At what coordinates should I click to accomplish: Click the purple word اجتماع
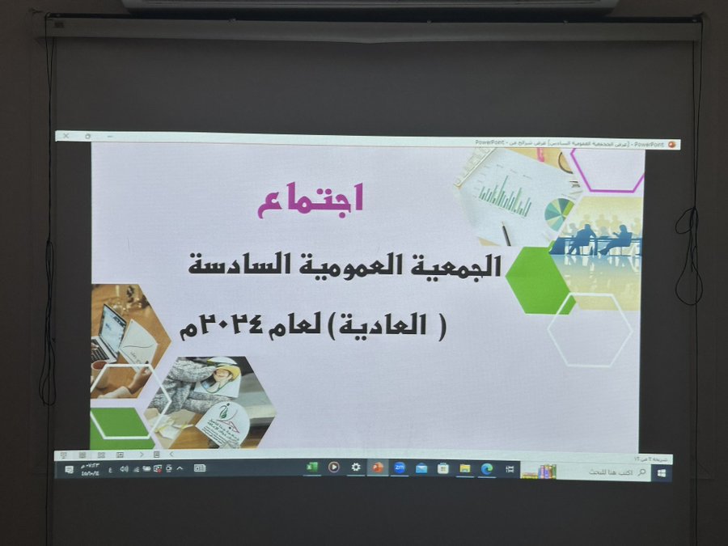[x=311, y=199]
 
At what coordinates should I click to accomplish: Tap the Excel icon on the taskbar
[x=311, y=468]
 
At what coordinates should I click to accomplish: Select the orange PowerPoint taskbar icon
[x=377, y=468]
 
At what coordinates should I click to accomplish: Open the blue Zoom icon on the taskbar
[x=400, y=468]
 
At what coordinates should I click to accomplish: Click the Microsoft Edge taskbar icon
[x=487, y=468]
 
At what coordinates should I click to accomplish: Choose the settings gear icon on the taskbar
[x=355, y=468]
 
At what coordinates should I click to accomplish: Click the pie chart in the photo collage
[x=558, y=213]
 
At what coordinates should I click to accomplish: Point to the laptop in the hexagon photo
[x=110, y=332]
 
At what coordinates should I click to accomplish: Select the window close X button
[x=66, y=137]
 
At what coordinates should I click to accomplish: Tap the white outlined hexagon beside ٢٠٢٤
[x=590, y=330]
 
